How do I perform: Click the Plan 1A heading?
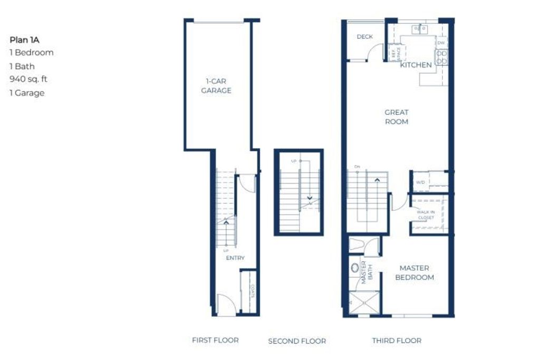[25, 40]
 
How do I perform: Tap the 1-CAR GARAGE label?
[218, 86]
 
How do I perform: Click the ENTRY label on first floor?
[235, 258]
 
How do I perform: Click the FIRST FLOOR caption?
[215, 340]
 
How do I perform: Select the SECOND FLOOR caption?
[297, 341]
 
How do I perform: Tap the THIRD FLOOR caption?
[397, 340]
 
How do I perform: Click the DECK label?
[364, 37]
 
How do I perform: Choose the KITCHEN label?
[416, 65]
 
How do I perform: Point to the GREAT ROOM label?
[397, 117]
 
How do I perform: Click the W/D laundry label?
[420, 182]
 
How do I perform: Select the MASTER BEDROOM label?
[414, 273]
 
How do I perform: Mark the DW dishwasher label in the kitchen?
[441, 43]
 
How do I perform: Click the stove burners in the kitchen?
[442, 57]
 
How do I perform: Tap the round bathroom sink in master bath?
[354, 267]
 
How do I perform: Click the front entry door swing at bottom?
[226, 305]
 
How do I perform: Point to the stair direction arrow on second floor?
[310, 199]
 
